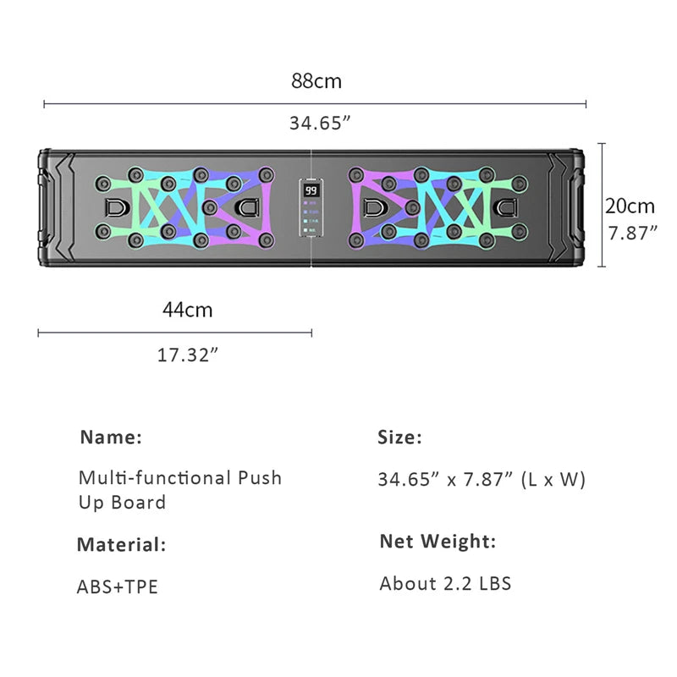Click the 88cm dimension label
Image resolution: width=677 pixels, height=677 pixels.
tap(316, 82)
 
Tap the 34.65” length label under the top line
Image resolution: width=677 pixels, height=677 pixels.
tap(320, 123)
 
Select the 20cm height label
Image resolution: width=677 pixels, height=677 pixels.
tap(630, 206)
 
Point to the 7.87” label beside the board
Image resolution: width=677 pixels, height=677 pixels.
tap(630, 233)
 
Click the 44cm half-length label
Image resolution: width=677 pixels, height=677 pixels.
tap(188, 310)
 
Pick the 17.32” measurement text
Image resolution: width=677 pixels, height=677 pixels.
tap(188, 355)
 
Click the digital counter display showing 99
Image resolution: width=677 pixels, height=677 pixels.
tap(311, 191)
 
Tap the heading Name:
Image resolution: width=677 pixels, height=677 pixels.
tap(111, 438)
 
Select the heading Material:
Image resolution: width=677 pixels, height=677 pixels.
tap(121, 544)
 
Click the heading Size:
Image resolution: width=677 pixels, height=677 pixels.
tap(399, 438)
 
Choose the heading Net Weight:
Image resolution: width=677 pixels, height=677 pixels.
tap(438, 542)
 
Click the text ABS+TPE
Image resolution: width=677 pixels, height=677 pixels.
tap(118, 586)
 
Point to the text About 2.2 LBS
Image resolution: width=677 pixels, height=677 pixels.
tap(445, 583)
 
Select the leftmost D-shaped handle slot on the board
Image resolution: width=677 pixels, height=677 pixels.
tap(113, 206)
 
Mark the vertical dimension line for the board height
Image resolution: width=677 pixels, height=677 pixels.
tap(602, 205)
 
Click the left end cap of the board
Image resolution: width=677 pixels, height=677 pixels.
tap(47, 206)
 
